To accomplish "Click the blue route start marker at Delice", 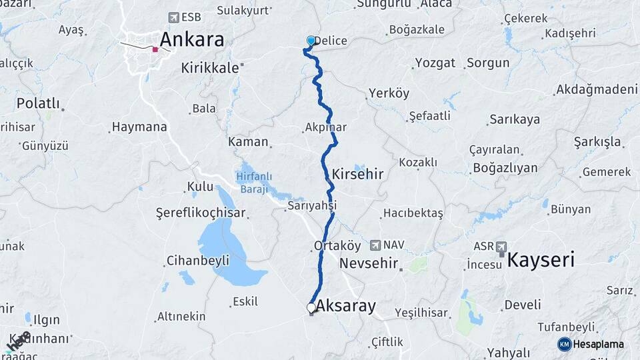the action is pyautogui.click(x=311, y=41).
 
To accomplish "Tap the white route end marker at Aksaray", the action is pyautogui.click(x=311, y=307).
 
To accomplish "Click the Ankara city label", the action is pyautogui.click(x=191, y=39).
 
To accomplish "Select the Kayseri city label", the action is pyautogui.click(x=541, y=259).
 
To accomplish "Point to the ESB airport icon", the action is pyautogui.click(x=175, y=17).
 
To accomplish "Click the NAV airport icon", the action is pyautogui.click(x=376, y=245).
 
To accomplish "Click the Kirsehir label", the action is pyautogui.click(x=358, y=174).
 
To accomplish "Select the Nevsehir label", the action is pyautogui.click(x=369, y=263).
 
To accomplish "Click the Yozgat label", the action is pyautogui.click(x=435, y=63).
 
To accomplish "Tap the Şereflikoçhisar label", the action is pyautogui.click(x=201, y=213).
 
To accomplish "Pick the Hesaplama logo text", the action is pyautogui.click(x=598, y=344).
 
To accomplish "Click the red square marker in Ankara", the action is pyautogui.click(x=155, y=49).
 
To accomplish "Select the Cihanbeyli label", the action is pyautogui.click(x=198, y=260).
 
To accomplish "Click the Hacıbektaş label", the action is pyautogui.click(x=413, y=213).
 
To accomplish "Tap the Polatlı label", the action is pyautogui.click(x=38, y=103).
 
